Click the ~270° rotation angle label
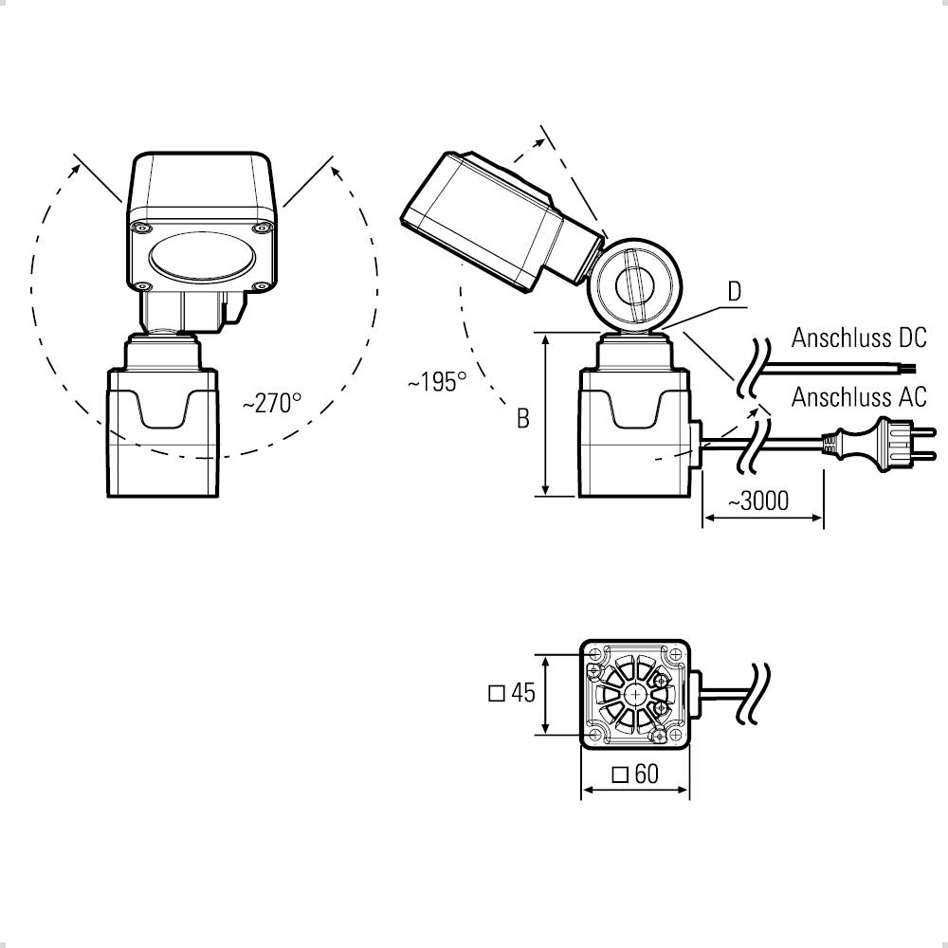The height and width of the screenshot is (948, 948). pyautogui.click(x=271, y=403)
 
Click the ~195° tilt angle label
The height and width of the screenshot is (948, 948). pyautogui.click(x=437, y=382)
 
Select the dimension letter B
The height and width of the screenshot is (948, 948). pyautogui.click(x=522, y=418)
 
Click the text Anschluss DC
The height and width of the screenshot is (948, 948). pyautogui.click(x=859, y=337)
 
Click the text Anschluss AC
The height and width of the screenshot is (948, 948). pyautogui.click(x=859, y=396)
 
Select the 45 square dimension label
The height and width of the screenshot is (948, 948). pyautogui.click(x=512, y=693)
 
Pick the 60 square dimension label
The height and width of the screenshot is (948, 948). pyautogui.click(x=635, y=774)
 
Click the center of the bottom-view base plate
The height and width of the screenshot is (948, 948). pyautogui.click(x=634, y=694)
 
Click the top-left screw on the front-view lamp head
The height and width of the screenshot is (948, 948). pyautogui.click(x=140, y=228)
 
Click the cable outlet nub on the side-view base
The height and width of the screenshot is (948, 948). pyautogui.click(x=697, y=442)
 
